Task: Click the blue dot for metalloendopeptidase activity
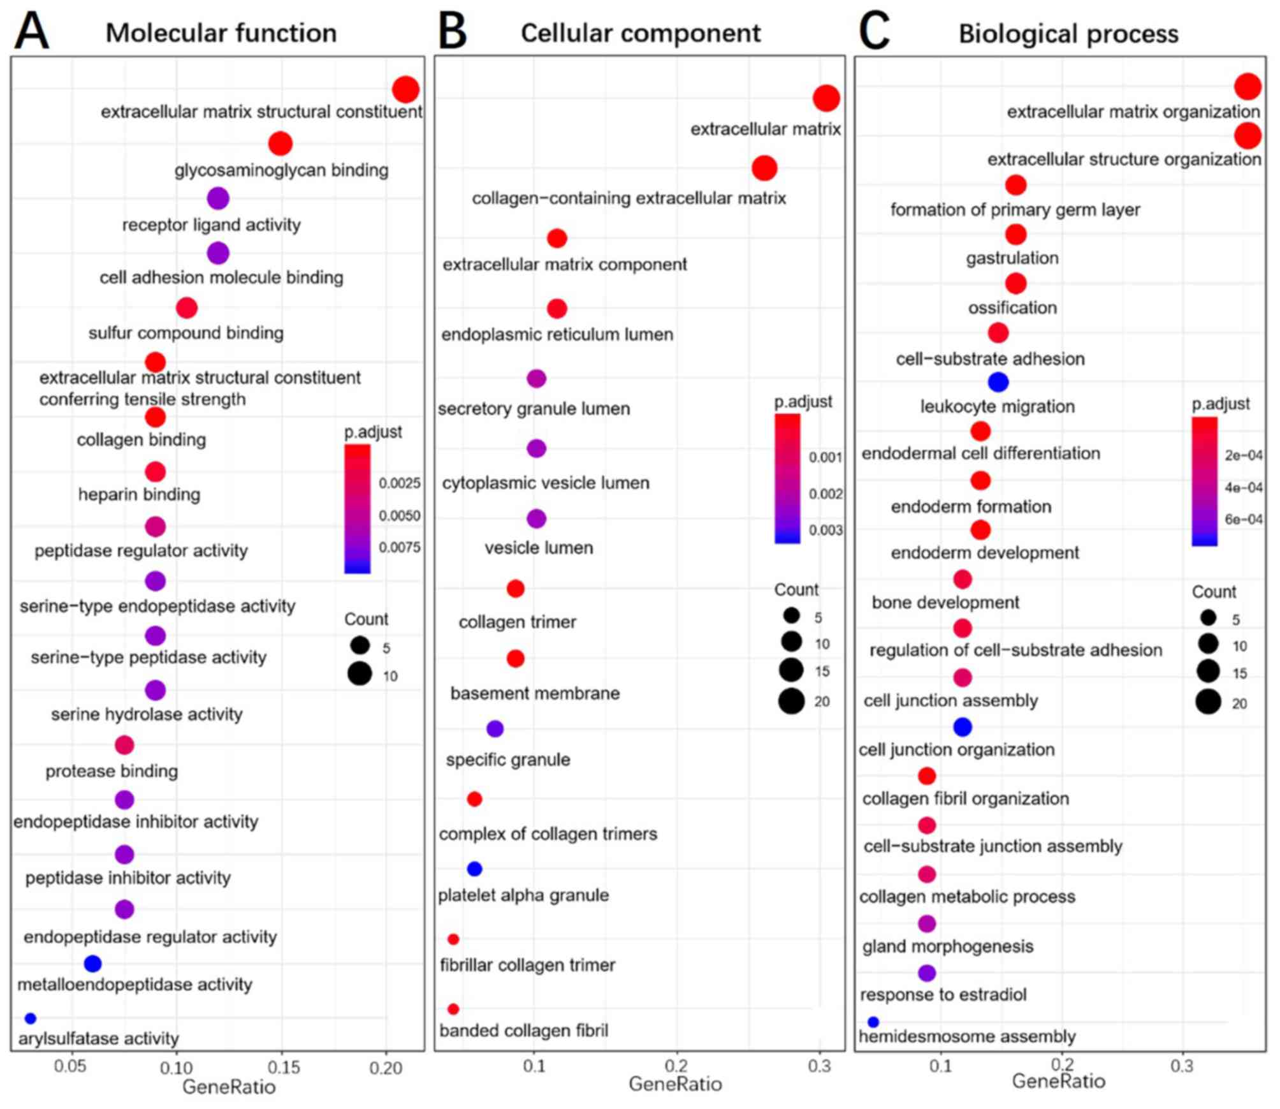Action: click(x=92, y=964)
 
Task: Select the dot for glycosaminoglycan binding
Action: click(x=280, y=143)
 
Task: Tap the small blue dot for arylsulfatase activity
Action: click(x=30, y=1018)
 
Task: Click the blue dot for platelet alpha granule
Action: click(x=474, y=869)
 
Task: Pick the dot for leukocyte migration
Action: click(x=998, y=382)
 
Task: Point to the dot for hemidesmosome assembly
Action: click(x=873, y=1022)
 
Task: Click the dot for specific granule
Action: click(x=495, y=728)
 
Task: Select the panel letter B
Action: click(x=453, y=31)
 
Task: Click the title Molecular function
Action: click(x=221, y=33)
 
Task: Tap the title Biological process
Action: click(x=1068, y=34)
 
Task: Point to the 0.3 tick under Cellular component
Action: click(x=819, y=1066)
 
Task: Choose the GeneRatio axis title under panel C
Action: click(x=1058, y=1081)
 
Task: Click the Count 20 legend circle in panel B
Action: click(x=791, y=701)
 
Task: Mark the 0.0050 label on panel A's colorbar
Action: click(x=400, y=515)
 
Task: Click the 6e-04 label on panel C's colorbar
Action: click(x=1243, y=519)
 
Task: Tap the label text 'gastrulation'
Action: click(x=1012, y=258)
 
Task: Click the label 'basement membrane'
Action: click(x=535, y=693)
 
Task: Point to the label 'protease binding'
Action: click(x=112, y=771)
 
